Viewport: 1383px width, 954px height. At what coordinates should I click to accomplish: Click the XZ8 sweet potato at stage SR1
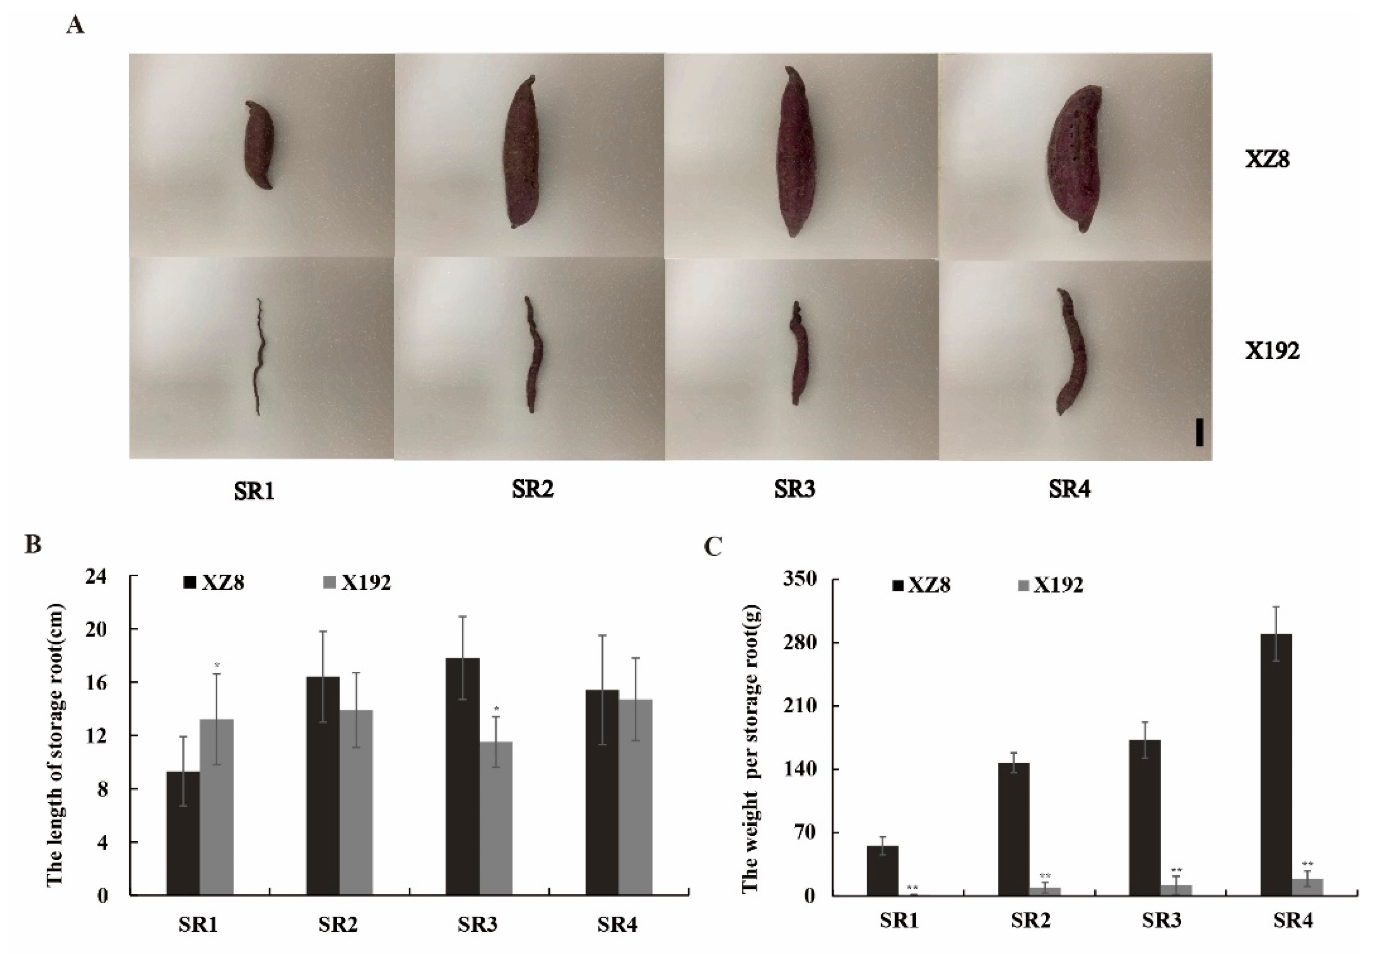click(260, 145)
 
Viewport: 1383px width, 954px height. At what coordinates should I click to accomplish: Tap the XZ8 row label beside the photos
click(1267, 160)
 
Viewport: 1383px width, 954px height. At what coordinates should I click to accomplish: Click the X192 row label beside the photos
click(1272, 351)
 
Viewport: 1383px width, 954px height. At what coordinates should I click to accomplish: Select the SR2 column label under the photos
click(533, 490)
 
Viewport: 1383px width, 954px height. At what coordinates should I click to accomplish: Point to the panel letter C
click(713, 546)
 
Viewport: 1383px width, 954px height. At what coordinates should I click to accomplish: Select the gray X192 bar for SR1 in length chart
click(216, 806)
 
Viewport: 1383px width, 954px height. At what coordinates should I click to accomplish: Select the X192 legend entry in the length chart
click(357, 583)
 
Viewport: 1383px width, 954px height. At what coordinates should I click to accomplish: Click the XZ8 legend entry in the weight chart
click(921, 585)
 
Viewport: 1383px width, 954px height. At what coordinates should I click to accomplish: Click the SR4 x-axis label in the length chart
click(618, 925)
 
